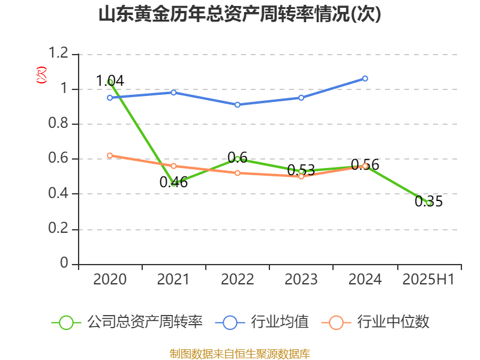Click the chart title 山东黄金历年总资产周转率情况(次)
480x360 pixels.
240,14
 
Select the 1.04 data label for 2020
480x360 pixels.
110,80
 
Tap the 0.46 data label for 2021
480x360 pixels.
173,182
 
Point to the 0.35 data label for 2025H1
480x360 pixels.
428,202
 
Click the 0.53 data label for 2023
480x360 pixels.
301,170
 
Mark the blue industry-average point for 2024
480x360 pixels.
365,79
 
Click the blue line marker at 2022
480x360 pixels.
238,104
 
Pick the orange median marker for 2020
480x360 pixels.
110,155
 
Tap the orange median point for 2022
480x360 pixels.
238,173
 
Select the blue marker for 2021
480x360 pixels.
173,92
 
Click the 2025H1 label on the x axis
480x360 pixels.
428,280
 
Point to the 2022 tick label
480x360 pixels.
238,280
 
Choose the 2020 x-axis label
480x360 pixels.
110,280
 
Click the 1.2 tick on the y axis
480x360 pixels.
59,55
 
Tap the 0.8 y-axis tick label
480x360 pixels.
59,124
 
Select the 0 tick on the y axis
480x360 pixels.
65,264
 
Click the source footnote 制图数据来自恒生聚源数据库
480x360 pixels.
240,353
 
